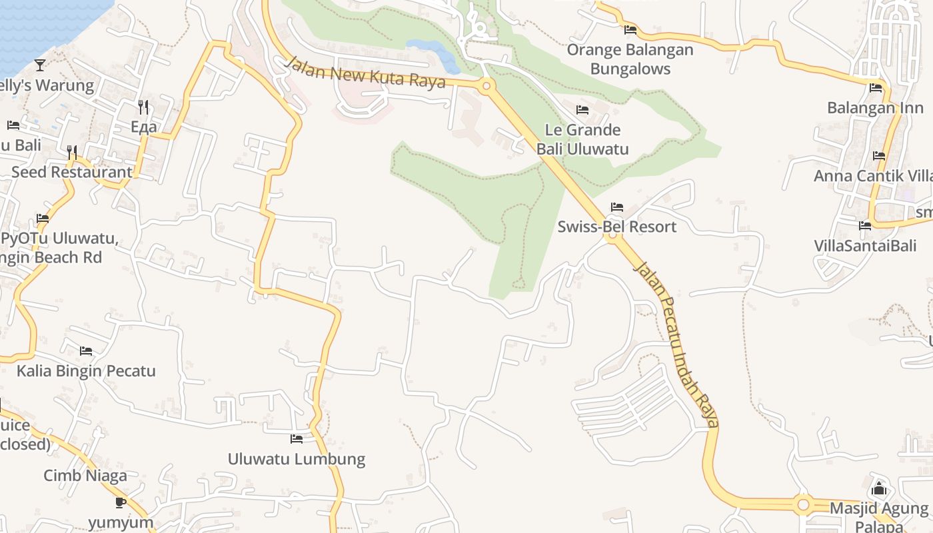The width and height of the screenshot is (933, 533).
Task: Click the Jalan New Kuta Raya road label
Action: [x=365, y=73]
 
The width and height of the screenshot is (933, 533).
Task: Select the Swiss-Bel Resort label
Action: [x=616, y=227]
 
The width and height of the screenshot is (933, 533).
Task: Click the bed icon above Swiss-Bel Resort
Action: [x=617, y=207]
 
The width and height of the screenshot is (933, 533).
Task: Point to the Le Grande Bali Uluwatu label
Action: [x=582, y=139]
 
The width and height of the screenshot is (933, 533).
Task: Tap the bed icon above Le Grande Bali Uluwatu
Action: [x=582, y=110]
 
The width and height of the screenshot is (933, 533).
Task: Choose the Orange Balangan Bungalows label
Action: [x=630, y=59]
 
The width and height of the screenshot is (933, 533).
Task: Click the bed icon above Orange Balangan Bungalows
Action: [x=630, y=30]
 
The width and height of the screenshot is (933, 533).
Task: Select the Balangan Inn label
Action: [x=875, y=108]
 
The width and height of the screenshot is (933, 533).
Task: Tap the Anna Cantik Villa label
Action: [x=872, y=176]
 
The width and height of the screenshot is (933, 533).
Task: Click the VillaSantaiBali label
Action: [x=865, y=245]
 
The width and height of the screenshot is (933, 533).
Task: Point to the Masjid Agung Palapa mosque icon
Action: [x=878, y=489]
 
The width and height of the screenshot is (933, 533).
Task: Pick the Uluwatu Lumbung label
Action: [x=297, y=459]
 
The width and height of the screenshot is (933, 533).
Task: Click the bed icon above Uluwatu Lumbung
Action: [x=297, y=439]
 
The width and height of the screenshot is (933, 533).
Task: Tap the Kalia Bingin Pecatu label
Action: [x=86, y=371]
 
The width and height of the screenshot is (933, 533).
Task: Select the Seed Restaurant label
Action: [x=72, y=172]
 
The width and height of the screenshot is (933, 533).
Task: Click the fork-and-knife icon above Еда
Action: [x=143, y=107]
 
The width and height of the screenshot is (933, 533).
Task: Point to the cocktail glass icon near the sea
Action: [x=40, y=65]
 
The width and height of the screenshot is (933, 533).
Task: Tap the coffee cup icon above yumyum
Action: [x=121, y=502]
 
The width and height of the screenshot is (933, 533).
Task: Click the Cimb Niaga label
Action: [x=85, y=476]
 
